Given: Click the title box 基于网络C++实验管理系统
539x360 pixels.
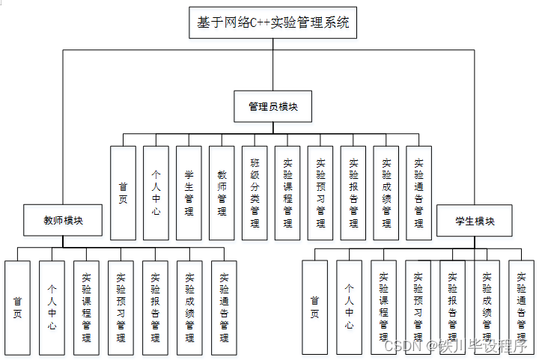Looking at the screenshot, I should (x=272, y=23).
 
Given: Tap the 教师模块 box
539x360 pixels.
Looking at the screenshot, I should (x=63, y=220).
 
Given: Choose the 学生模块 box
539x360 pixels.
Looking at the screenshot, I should (x=475, y=221).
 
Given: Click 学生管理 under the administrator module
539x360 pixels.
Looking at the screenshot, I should (x=189, y=192).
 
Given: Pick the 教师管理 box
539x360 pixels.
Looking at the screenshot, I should (x=222, y=192).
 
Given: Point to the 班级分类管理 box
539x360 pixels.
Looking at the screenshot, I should (x=255, y=192).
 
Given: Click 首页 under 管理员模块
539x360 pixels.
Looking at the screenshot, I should (x=123, y=192).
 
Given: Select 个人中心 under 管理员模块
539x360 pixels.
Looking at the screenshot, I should (x=156, y=192).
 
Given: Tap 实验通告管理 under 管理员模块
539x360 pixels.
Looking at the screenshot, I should (x=418, y=192).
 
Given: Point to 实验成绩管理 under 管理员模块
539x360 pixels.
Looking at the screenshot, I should (x=386, y=192).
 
